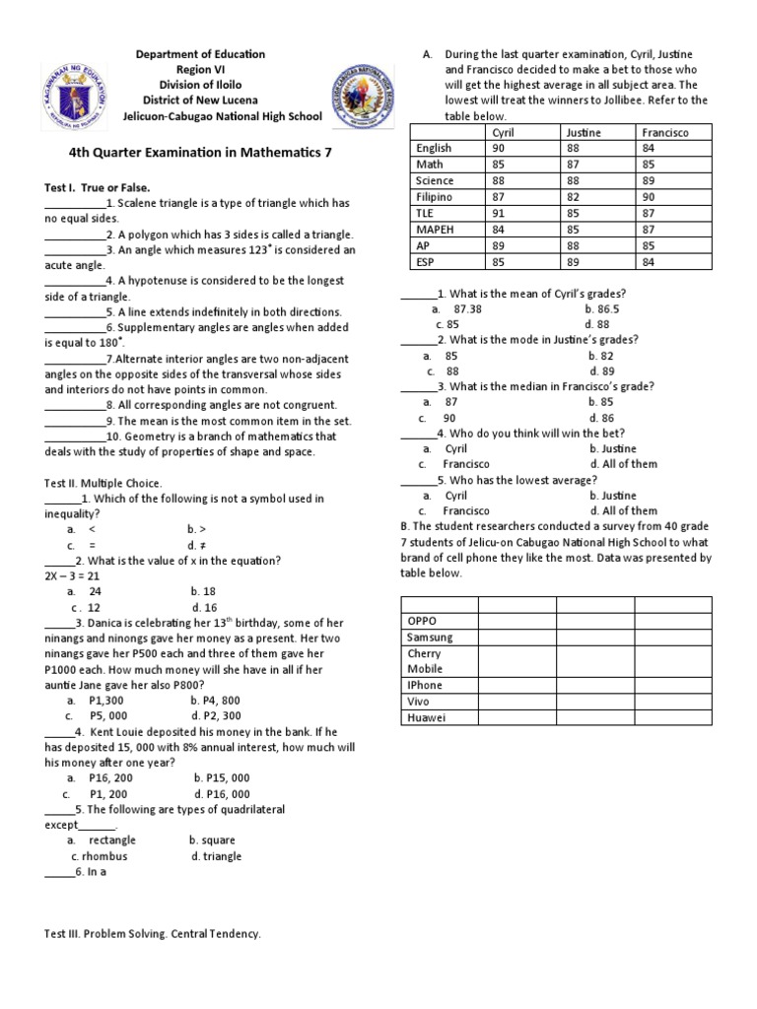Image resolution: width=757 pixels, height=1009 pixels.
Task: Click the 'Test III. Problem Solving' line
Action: pyautogui.click(x=153, y=933)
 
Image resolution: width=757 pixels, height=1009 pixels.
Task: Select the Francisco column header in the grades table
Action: pyautogui.click(x=665, y=132)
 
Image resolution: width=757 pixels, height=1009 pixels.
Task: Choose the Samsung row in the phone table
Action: pyautogui.click(x=430, y=638)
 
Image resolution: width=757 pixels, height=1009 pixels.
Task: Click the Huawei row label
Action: pyautogui.click(x=426, y=717)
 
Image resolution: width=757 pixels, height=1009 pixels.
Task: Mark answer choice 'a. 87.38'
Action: pyautogui.click(x=456, y=308)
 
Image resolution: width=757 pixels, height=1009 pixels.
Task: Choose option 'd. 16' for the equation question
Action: pyautogui.click(x=205, y=607)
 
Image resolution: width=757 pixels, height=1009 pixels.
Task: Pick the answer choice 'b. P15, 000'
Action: pyautogui.click(x=222, y=777)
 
